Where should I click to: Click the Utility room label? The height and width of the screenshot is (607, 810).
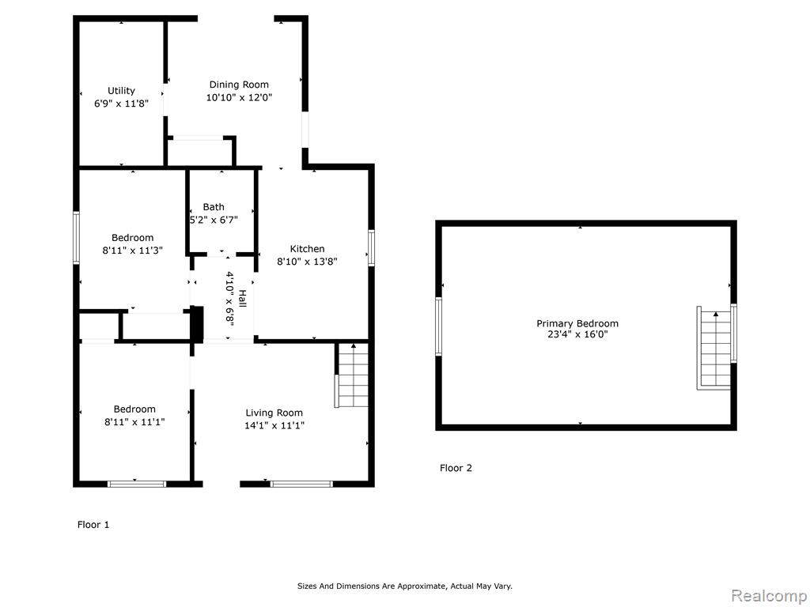121,91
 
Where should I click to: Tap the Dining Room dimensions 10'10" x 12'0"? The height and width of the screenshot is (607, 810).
239,97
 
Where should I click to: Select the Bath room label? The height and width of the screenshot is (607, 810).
214,207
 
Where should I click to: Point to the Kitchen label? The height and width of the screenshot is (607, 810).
308,249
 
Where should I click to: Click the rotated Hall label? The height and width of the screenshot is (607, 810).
242,298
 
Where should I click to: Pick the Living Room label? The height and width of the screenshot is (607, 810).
274,413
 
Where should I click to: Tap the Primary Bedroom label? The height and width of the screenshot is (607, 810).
577,323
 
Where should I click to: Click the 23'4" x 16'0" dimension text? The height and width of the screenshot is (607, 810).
577,334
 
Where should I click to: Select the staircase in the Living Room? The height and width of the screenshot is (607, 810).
352,375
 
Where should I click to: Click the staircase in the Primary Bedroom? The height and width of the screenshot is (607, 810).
715,348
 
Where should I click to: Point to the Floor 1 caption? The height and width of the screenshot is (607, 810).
93,525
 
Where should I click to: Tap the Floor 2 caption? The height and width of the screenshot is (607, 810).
456,468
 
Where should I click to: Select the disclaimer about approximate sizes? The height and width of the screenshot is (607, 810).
405,586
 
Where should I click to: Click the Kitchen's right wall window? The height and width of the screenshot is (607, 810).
372,247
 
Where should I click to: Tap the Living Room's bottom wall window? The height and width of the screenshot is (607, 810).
301,484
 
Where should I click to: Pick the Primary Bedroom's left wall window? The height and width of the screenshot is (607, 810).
439,326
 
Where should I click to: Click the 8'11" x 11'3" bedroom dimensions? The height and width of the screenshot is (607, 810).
133,251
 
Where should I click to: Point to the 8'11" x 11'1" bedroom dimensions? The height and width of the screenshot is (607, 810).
134,422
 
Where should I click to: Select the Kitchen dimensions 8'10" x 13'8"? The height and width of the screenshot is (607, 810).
308,262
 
